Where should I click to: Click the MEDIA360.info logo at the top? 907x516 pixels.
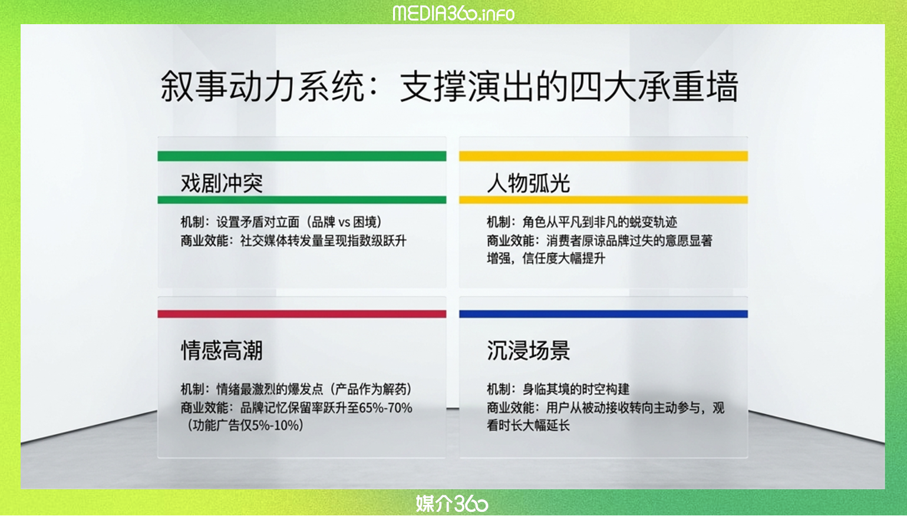[454, 14]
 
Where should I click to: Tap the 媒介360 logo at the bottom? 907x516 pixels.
[452, 504]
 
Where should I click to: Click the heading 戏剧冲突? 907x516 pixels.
[222, 183]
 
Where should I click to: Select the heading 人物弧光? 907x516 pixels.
[529, 183]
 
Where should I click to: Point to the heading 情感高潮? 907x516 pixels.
[222, 350]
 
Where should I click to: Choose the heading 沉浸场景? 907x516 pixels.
[529, 350]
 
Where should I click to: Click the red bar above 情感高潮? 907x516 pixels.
[302, 314]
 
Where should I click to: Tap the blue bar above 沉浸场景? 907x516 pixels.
[603, 314]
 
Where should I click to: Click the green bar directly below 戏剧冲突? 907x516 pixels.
[302, 200]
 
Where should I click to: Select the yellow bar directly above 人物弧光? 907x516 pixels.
[603, 156]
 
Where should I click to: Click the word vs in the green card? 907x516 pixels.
[344, 222]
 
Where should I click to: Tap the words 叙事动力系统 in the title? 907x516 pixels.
[262, 86]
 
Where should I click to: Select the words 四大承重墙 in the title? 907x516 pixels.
[655, 86]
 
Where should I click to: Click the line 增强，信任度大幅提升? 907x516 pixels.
[546, 258]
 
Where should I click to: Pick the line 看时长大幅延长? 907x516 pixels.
[528, 425]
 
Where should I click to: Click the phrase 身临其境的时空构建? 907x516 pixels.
[576, 389]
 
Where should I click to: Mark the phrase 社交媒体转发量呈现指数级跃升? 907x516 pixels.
[323, 241]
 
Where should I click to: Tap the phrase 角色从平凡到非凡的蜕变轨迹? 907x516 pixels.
[600, 222]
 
